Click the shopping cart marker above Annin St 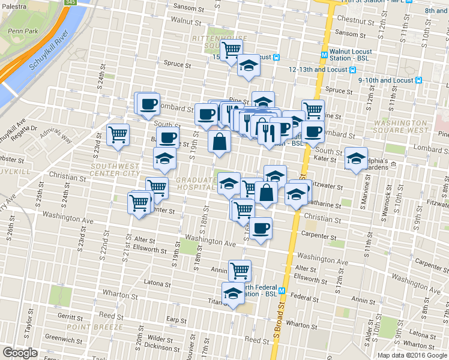pyautogui.click(x=240, y=271)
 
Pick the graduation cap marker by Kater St pyautogui.click(x=357, y=158)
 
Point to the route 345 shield pyautogui.click(x=71, y=2)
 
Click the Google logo pyautogui.click(x=20, y=353)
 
